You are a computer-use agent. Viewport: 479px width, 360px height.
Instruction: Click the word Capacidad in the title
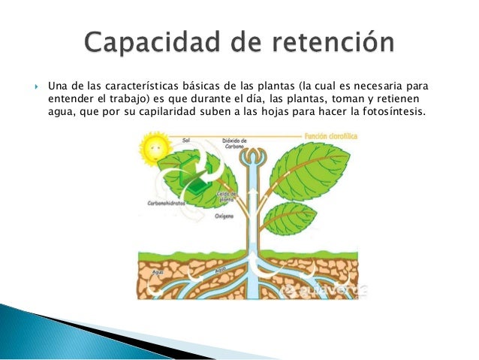point(149,43)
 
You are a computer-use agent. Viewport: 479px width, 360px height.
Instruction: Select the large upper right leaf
point(316,170)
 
